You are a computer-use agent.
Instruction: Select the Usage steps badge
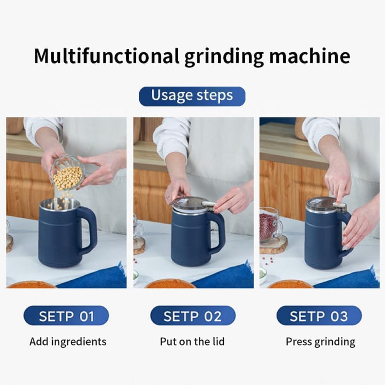192,96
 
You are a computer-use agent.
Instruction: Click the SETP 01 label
66,316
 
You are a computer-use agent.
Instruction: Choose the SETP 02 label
192,316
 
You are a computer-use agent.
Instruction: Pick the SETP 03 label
319,316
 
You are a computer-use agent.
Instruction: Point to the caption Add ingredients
68,341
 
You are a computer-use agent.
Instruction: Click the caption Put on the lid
192,341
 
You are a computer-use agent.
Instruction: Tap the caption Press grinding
320,341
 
